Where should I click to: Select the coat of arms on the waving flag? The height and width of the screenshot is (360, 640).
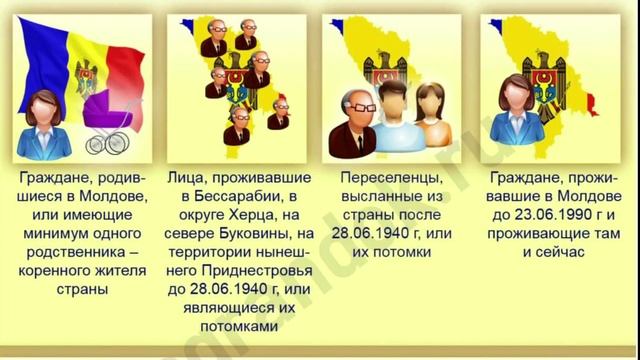coord(85,74)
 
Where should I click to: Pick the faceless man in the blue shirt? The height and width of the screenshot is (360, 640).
coord(394,120)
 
